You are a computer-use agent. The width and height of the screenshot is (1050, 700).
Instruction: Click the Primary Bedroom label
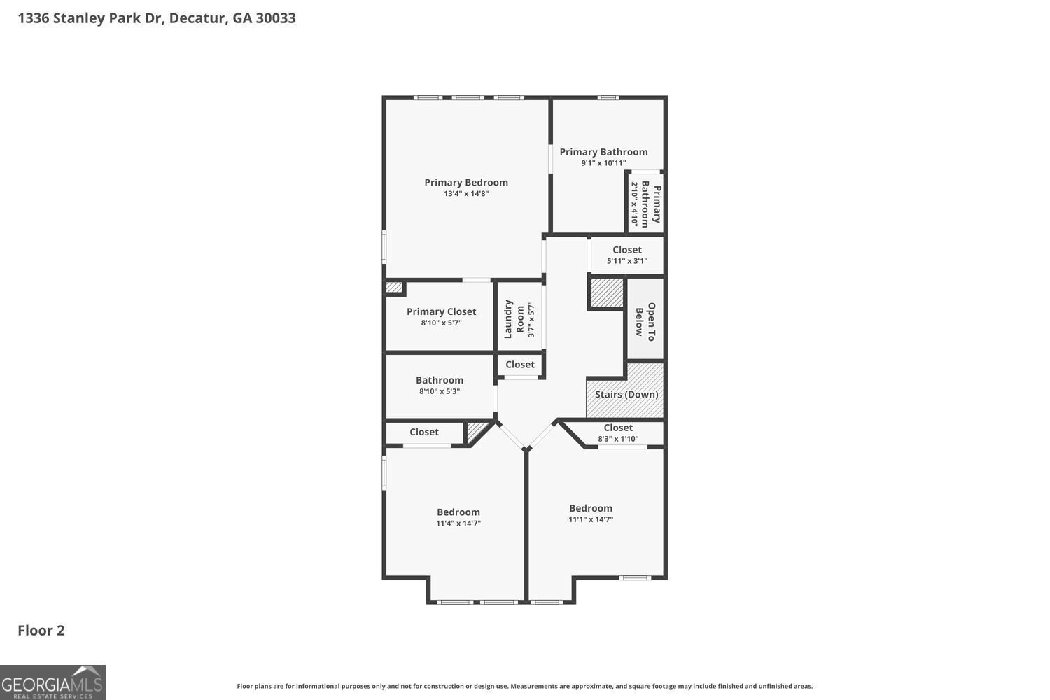(x=466, y=183)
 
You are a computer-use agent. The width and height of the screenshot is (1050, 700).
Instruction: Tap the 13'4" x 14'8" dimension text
(x=466, y=194)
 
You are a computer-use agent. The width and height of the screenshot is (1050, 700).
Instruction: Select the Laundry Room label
(x=514, y=319)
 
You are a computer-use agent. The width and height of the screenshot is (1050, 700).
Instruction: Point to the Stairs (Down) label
(x=626, y=395)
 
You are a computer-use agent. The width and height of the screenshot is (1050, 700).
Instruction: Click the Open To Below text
(x=645, y=320)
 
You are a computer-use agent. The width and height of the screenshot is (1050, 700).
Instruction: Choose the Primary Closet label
(x=441, y=312)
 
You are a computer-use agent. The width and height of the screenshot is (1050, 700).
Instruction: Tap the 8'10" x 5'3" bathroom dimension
(x=440, y=392)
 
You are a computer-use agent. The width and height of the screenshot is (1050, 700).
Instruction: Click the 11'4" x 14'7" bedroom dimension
(x=458, y=524)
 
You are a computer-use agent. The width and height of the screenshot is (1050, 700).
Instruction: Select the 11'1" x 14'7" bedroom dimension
(x=591, y=520)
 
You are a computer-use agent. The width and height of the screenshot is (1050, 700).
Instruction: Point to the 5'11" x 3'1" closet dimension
(x=627, y=261)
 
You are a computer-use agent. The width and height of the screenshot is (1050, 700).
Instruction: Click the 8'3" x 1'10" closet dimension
(x=618, y=440)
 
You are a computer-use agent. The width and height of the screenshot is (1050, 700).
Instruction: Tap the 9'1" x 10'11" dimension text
(x=603, y=163)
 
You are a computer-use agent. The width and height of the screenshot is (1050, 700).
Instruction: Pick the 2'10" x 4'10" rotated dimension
(x=635, y=204)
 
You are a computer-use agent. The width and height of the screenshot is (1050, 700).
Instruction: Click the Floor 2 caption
(x=41, y=631)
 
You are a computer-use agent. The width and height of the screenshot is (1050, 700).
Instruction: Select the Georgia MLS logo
(x=52, y=682)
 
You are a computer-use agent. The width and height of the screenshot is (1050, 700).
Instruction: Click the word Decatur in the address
(x=198, y=18)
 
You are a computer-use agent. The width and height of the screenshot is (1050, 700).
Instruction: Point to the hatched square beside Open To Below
(x=607, y=292)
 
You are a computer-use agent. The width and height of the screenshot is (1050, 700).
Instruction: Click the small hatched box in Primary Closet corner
(x=394, y=287)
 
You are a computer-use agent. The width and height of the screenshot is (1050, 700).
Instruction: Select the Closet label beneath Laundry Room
(x=520, y=365)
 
